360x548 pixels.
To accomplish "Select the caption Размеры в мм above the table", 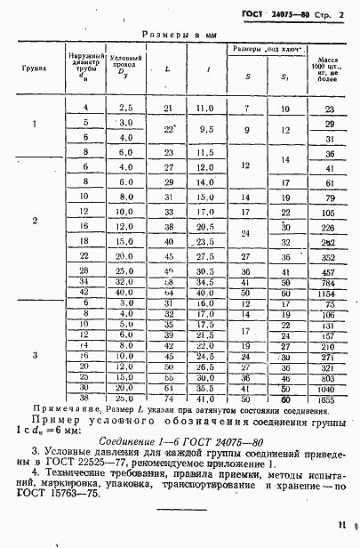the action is click(181, 35).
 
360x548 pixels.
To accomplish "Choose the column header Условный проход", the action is click(125, 68).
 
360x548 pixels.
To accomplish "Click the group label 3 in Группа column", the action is click(35, 355).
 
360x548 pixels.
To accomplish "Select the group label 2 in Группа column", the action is click(35, 220).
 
